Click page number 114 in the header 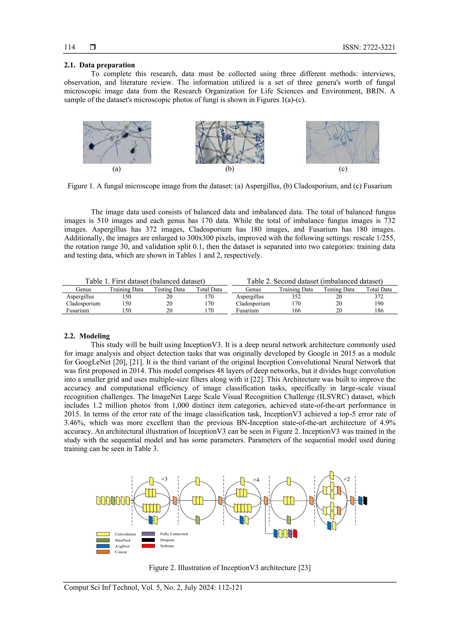tap(70, 47)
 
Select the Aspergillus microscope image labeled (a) tap(117, 142)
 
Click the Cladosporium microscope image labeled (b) tap(230, 142)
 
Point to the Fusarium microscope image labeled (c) tap(342, 142)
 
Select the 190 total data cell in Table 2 tap(379, 303)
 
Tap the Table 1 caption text tap(145, 281)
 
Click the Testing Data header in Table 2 tap(339, 289)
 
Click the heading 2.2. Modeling tap(87, 336)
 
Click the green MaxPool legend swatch tap(103, 540)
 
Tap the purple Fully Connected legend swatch tap(148, 534)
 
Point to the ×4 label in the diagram tap(256, 480)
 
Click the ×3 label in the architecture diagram tap(164, 479)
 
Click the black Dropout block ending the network tap(365, 501)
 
